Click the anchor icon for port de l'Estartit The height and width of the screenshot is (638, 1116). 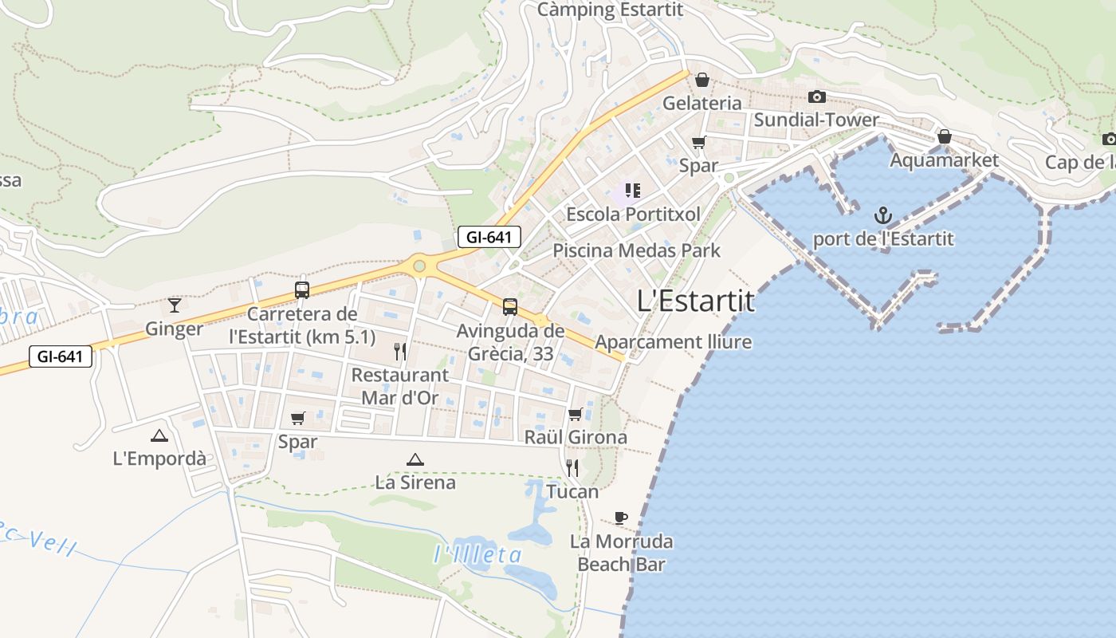point(882,215)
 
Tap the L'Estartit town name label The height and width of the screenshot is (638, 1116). point(696,301)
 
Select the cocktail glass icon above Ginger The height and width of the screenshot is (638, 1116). point(175,305)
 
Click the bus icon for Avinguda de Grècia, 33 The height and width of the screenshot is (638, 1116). point(510,306)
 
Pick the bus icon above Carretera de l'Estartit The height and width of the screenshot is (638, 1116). point(301,290)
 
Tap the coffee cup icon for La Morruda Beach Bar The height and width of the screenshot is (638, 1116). point(621,518)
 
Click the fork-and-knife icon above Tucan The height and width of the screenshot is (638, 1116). point(572,467)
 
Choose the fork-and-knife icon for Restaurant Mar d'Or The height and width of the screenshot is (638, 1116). point(400,350)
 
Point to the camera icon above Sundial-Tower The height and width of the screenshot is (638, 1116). point(816,97)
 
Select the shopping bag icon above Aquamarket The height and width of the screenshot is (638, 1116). point(944,137)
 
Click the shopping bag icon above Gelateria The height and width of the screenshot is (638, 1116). point(702,80)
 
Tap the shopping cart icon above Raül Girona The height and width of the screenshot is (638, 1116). point(576,414)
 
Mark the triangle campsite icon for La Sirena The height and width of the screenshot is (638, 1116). point(415,459)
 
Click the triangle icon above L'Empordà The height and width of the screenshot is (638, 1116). point(159,435)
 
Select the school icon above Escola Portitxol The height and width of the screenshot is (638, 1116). point(633,191)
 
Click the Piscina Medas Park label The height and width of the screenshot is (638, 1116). point(636,250)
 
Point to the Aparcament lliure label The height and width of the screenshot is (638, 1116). point(674,342)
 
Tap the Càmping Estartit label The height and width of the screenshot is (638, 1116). point(610,10)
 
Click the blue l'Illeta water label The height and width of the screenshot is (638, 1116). point(478,555)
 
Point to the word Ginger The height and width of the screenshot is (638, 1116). point(175,329)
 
